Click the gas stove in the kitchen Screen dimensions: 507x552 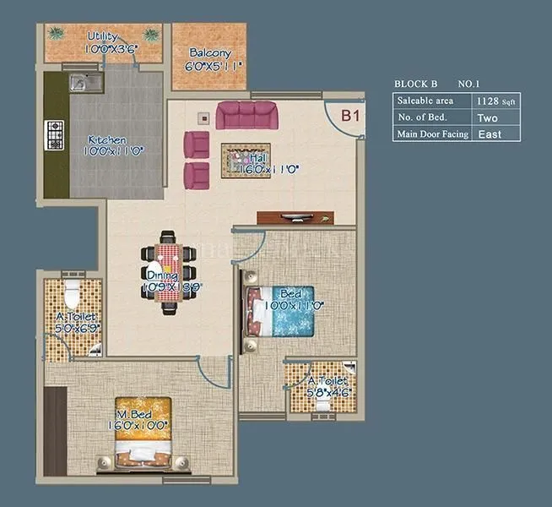coord(54,136)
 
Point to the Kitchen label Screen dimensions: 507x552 coord(107,139)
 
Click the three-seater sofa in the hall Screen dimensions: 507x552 coord(247,114)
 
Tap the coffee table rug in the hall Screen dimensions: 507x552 coord(246,158)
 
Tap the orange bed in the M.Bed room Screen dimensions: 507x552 coord(142,431)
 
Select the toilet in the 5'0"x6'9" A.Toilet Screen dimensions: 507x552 coord(72,295)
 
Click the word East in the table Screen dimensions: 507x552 coord(489,134)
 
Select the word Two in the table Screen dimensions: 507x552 coord(488,117)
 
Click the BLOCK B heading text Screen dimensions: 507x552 coord(416,84)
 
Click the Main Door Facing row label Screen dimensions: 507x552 coord(432,134)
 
